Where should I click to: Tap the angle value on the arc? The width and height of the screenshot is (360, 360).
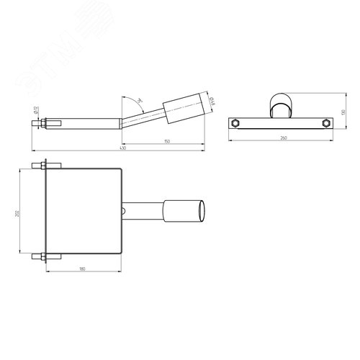(141, 100)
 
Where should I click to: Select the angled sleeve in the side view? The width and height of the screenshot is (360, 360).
(185, 110)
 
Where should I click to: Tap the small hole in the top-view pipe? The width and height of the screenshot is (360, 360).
(125, 211)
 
